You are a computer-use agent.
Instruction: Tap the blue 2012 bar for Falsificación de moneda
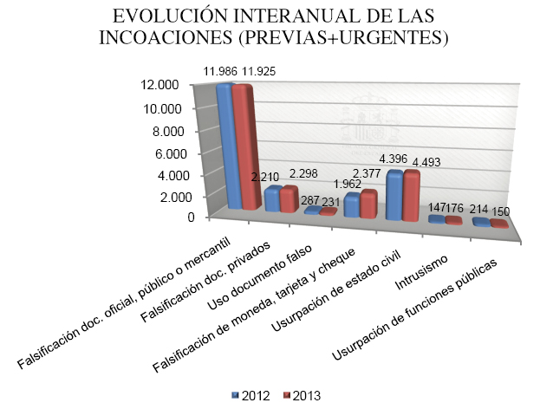[352, 204]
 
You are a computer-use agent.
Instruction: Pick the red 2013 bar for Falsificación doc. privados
[289, 200]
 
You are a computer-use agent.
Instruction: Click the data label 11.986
[221, 69]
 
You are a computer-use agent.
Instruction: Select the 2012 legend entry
[250, 396]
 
